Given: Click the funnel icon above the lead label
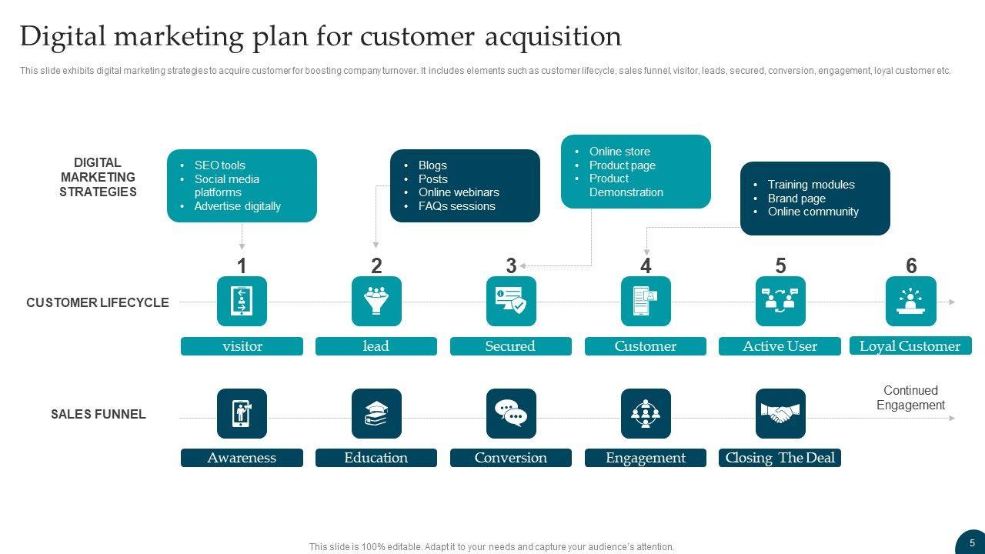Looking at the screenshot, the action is point(376,302).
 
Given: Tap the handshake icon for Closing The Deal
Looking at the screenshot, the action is point(780,414).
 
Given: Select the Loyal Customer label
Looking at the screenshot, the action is point(910,346).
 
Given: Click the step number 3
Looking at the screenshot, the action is point(511,266).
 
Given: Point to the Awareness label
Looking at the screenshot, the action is point(242,458).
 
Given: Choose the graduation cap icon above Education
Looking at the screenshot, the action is point(376,414).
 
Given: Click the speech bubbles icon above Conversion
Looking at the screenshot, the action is point(511,414).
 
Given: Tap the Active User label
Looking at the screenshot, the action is point(780,346).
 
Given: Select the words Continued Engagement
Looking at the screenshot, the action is point(910,398).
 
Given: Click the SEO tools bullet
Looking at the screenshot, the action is point(219,165).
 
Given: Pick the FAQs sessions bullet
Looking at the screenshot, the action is point(456,206).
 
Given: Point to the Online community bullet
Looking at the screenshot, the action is point(813,212).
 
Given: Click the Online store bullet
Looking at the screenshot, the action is point(619,152).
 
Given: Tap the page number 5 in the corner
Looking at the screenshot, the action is point(972,542).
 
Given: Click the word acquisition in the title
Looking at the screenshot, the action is point(553,36).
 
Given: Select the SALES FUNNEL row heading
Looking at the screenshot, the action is point(98,414).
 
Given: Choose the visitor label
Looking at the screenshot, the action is point(242,346).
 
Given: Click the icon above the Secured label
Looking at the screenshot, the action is point(511,302).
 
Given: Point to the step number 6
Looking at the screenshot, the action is point(911,266).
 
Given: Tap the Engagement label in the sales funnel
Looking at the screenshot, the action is point(645,458).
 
